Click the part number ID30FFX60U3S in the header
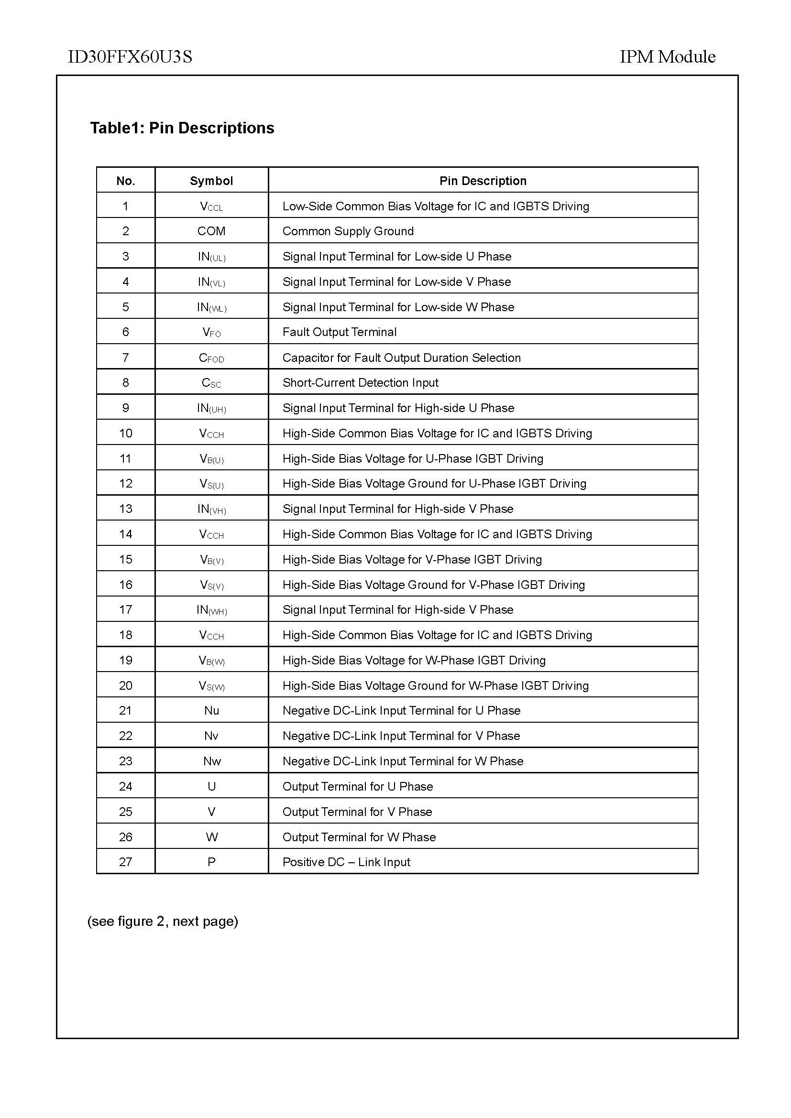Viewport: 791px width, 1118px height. point(130,57)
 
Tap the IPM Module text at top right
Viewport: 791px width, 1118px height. point(667,57)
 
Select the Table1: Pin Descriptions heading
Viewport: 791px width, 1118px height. point(182,128)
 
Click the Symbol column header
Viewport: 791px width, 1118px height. point(211,181)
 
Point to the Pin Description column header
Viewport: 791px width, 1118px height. point(483,181)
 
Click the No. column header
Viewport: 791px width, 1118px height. point(126,181)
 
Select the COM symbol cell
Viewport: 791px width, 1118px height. point(211,231)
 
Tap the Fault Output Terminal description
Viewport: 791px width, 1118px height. point(340,332)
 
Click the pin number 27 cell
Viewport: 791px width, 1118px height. point(126,862)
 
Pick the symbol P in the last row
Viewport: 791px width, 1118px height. point(211,862)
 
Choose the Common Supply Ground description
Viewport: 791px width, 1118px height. point(348,231)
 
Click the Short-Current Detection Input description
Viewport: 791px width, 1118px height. point(361,383)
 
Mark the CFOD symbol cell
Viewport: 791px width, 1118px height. point(211,358)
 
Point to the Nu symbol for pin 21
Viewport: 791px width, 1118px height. point(211,711)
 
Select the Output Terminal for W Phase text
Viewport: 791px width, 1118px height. point(359,837)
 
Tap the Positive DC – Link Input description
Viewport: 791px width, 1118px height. point(346,862)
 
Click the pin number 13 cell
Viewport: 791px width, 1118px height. point(126,509)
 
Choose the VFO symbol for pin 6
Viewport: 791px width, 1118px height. point(211,333)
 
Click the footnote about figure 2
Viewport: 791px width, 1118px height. point(163,922)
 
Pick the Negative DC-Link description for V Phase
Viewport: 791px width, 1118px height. point(401,736)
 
